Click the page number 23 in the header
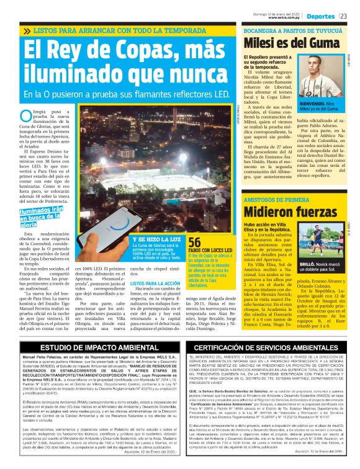click(x=343, y=17)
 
